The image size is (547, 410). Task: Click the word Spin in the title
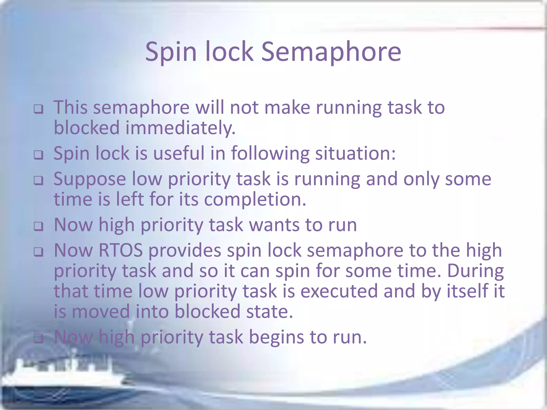171,52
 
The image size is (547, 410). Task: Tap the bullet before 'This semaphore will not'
38,109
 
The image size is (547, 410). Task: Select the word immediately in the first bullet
181,128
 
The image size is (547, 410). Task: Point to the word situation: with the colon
355,154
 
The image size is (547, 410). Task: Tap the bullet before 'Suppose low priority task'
38,180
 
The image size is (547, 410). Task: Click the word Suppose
90,179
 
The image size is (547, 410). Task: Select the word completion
255,200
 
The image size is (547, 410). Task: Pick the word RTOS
120,250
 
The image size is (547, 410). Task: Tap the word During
475,271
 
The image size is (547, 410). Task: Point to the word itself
467,291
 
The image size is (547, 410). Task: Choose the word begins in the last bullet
276,337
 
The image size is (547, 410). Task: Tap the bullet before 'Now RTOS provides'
38,252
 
